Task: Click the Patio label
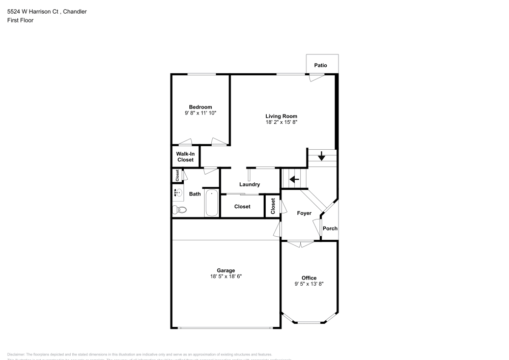pyautogui.click(x=321, y=66)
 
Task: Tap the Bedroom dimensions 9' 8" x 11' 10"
pyautogui.click(x=201, y=113)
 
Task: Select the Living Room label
pyautogui.click(x=281, y=116)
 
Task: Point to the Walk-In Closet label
pyautogui.click(x=185, y=157)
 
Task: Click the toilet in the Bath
pyautogui.click(x=180, y=210)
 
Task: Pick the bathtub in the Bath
pyautogui.click(x=212, y=204)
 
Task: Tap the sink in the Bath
pyautogui.click(x=177, y=193)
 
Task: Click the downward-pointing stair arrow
pyautogui.click(x=322, y=156)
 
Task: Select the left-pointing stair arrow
pyautogui.click(x=294, y=179)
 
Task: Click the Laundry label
pyautogui.click(x=250, y=184)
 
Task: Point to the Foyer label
pyautogui.click(x=304, y=213)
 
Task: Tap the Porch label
pyautogui.click(x=330, y=229)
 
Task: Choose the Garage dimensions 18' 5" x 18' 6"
pyautogui.click(x=225, y=276)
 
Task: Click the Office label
pyautogui.click(x=309, y=278)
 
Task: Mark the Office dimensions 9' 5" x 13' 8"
pyautogui.click(x=309, y=284)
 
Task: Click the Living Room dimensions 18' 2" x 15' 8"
pyautogui.click(x=281, y=122)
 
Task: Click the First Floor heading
pyautogui.click(x=20, y=20)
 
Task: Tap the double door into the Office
pyautogui.click(x=301, y=244)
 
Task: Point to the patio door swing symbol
pyautogui.click(x=316, y=77)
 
